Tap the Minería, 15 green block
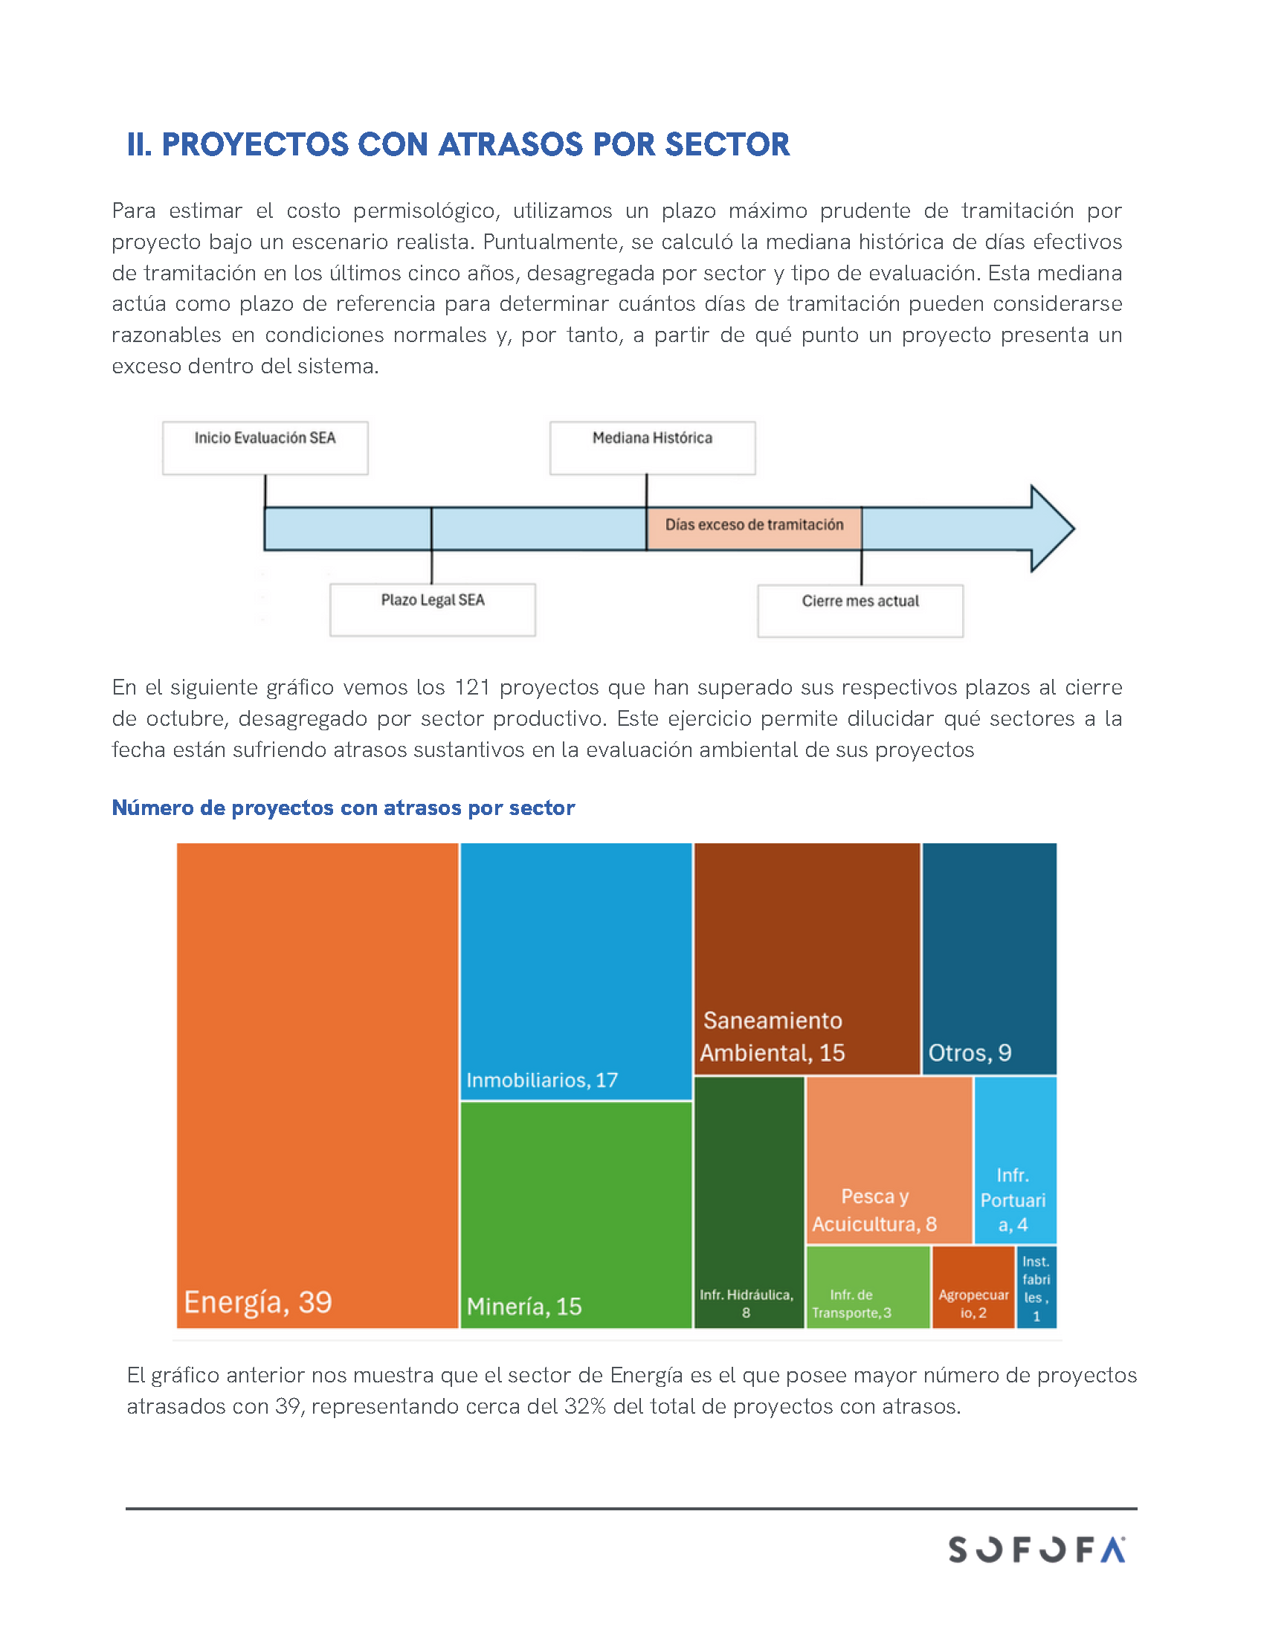[575, 1214]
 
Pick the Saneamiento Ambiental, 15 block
[807, 958]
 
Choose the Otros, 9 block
[988, 958]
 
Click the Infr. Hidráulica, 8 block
[748, 1202]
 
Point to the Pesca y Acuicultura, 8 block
[889, 1160]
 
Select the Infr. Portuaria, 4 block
[1015, 1160]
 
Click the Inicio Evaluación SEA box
[265, 447]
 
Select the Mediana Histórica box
[652, 447]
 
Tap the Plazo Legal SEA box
[432, 610]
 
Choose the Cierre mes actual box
[860, 611]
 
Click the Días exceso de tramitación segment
[753, 528]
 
